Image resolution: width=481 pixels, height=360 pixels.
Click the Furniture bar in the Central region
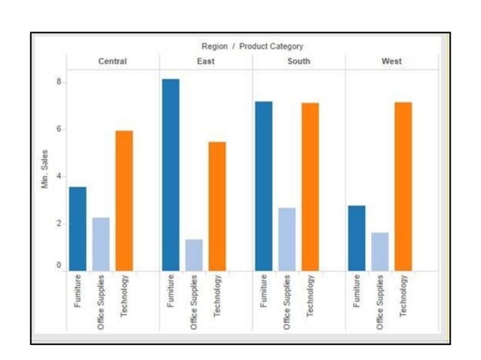pos(78,228)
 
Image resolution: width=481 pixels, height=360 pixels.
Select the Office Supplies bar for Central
pos(101,243)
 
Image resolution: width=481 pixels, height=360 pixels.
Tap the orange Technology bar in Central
pos(124,200)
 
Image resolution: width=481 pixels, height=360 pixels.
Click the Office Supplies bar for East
pos(195,255)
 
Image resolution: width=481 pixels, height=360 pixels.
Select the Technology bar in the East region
pos(217,206)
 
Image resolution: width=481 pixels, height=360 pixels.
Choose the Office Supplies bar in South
pos(287,239)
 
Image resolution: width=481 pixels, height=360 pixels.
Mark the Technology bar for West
pos(403,186)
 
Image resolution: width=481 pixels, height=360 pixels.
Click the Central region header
pos(112,61)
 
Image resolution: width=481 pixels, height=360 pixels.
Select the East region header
pos(205,61)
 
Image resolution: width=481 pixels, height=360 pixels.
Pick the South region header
pos(299,61)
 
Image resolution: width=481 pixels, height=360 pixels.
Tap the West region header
pos(391,61)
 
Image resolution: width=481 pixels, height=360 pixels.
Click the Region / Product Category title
pos(252,47)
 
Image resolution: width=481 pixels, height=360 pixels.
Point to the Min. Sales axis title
pos(45,169)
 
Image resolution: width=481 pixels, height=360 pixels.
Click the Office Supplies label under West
pos(380,302)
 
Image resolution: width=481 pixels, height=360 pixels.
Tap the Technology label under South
pos(311,296)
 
